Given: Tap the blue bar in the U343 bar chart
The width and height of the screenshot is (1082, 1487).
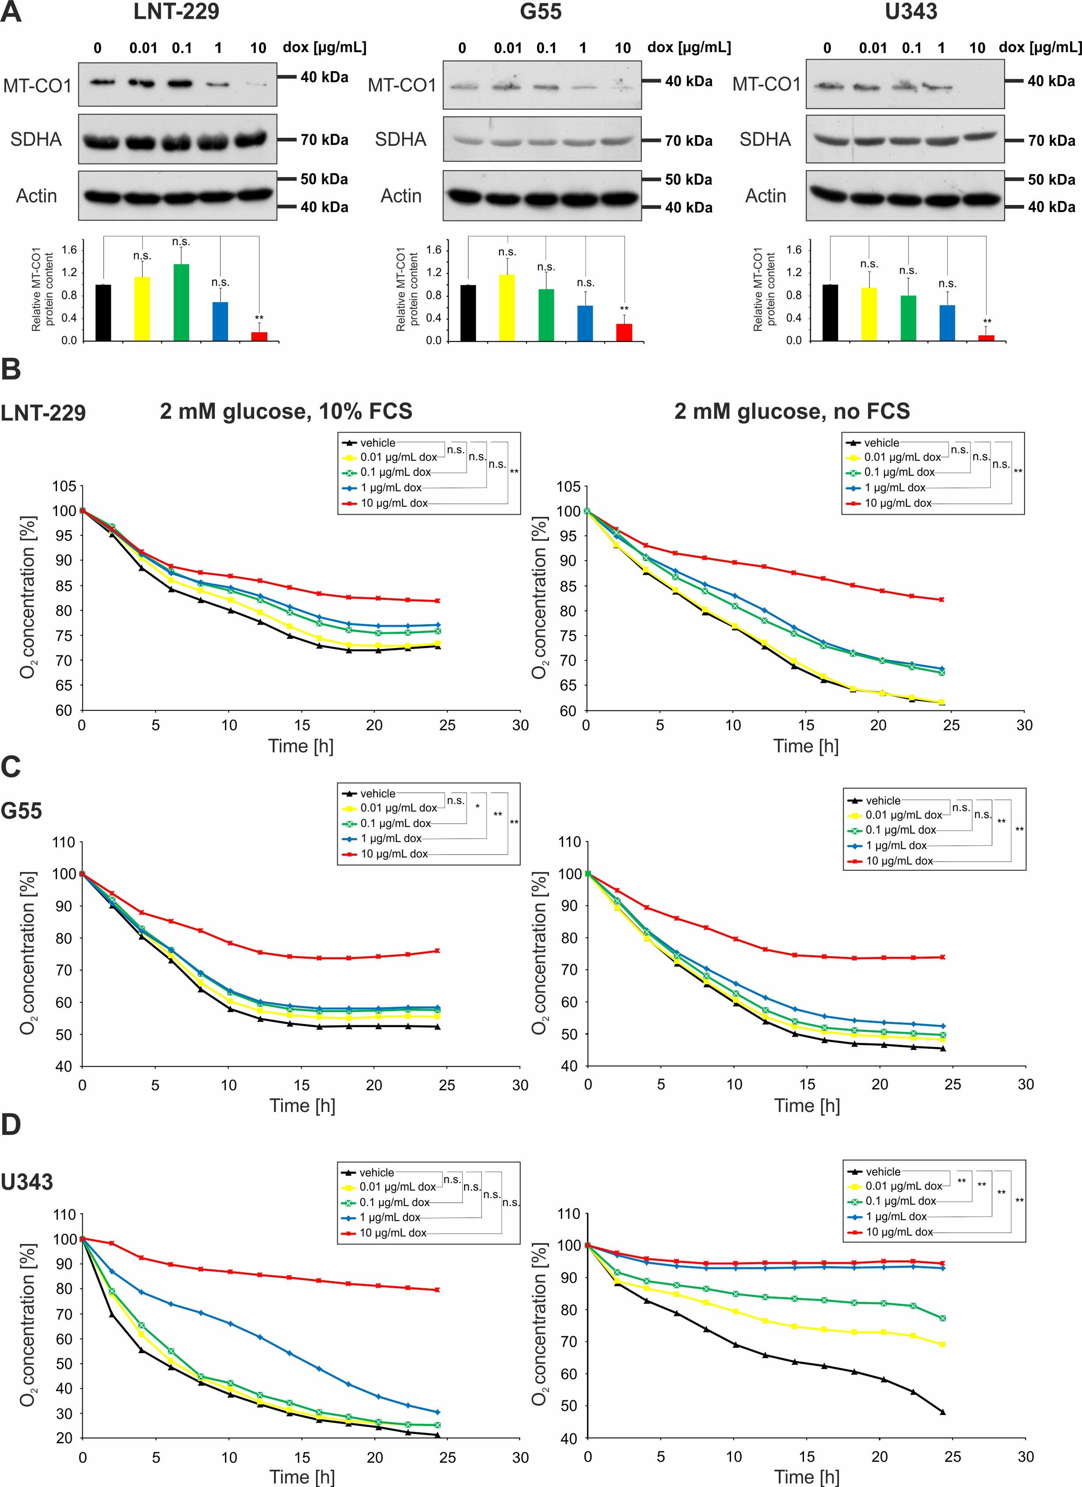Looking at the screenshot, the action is [x=947, y=323].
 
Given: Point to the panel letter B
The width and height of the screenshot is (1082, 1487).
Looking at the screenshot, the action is [x=11, y=369].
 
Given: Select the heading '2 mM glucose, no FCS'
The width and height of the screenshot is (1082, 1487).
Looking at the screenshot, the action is [x=792, y=411].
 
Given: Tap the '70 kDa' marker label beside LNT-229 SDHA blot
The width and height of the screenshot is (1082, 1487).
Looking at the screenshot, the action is [x=324, y=140].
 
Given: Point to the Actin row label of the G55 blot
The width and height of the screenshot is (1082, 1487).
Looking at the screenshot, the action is [x=401, y=196].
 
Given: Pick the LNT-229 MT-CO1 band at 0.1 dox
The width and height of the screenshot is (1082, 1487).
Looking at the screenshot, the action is [x=180, y=83].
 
